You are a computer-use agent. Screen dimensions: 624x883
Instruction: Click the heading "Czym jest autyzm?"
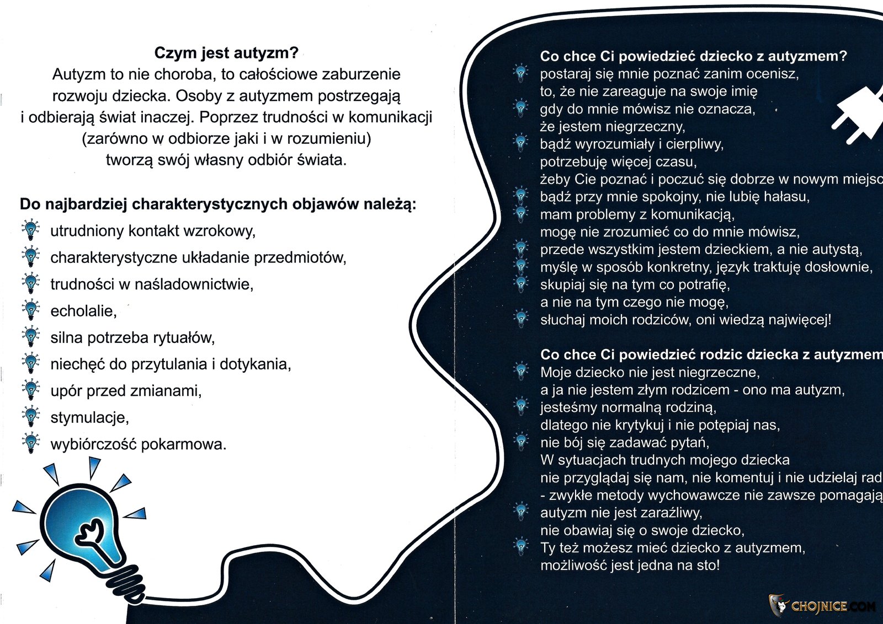226,53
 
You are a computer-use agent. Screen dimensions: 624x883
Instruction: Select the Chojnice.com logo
822,606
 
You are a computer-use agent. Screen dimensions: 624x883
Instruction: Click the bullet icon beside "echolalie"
30,310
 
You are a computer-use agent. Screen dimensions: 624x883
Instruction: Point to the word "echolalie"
83,311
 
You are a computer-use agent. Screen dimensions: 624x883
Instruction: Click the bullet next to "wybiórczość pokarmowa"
30,444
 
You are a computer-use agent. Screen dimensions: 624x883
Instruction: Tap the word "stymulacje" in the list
89,417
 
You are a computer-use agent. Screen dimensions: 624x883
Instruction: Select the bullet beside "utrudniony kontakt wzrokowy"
30,230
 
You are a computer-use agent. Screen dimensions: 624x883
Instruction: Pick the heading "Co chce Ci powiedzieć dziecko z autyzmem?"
693,56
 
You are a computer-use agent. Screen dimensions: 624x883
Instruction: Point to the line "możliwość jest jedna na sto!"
630,566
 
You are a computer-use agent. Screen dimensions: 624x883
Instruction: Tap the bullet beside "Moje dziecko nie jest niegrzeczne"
520,371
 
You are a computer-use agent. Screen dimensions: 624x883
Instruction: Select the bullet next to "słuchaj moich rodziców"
520,318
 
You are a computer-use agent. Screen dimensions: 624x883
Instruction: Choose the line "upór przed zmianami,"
126,391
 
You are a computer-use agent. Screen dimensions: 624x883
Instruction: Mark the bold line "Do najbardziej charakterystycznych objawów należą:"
218,205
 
